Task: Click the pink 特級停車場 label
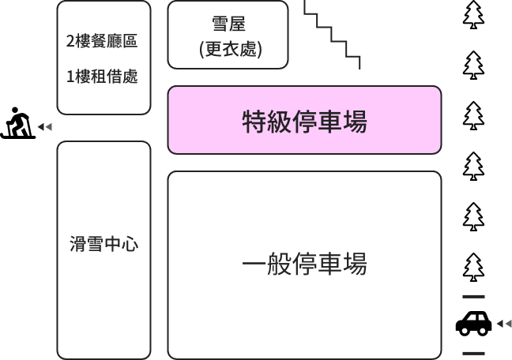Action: coord(305,122)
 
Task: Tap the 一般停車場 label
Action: coord(305,264)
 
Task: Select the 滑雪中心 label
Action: coord(104,244)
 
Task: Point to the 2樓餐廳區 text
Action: coord(102,41)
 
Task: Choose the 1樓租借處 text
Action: coord(102,77)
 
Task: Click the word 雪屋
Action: coord(228,24)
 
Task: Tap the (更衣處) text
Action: coord(231,50)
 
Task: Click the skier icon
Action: coord(18,123)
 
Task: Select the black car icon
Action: coord(473,323)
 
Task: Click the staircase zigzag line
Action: coord(332,34)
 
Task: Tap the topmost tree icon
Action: coord(473,15)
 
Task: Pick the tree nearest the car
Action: coord(473,267)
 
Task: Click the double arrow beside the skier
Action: coord(45,126)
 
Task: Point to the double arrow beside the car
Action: coord(504,324)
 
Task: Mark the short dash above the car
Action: coord(473,297)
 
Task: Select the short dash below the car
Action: coord(473,353)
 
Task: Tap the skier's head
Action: coord(15,111)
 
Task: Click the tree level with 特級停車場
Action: coord(473,115)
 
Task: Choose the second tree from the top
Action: coord(473,65)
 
